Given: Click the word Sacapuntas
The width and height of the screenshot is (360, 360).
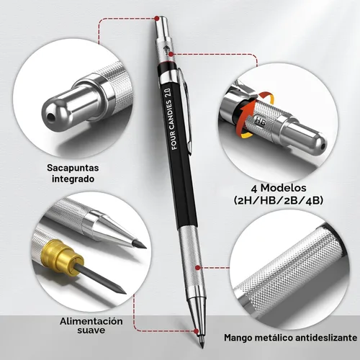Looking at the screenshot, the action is click(73, 168).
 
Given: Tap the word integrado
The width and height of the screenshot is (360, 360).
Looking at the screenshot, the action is click(73, 179).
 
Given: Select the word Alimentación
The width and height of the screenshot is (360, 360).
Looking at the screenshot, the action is click(91, 321).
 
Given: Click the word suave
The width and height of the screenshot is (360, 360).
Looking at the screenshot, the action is click(91, 330).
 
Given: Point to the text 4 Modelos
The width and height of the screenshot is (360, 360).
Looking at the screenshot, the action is click(279, 188).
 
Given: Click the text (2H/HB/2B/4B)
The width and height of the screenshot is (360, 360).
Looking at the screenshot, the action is click(279, 200).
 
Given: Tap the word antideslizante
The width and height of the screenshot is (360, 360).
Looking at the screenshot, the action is click(326, 338).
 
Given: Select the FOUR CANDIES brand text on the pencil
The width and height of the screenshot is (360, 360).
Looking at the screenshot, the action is click(172, 125).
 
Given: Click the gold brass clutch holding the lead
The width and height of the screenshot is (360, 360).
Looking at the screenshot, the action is click(63, 258).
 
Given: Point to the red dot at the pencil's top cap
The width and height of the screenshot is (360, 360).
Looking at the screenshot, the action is click(157, 18).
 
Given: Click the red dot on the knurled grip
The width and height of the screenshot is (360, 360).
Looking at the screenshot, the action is click(198, 268).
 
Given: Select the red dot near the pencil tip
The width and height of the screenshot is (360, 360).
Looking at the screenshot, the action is click(197, 331).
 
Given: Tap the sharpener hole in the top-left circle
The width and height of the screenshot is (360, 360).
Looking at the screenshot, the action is click(50, 117).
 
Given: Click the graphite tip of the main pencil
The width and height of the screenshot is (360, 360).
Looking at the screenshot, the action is click(202, 343).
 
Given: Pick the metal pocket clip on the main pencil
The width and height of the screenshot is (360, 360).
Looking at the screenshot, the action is click(185, 110).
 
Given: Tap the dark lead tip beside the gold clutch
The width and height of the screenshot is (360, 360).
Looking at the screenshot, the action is click(120, 290).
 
